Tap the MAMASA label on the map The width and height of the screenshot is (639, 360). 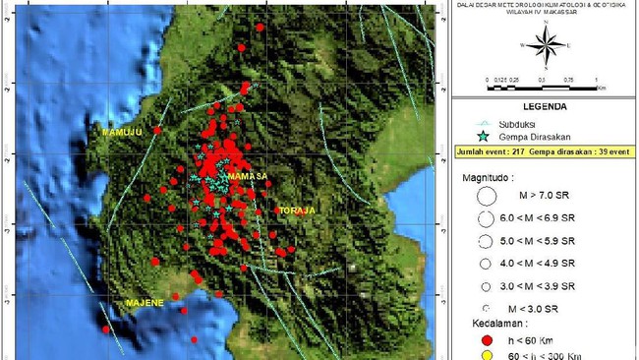coord(248,176)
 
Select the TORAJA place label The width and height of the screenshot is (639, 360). coord(294,210)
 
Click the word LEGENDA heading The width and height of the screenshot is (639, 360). coord(543,111)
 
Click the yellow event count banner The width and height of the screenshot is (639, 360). coord(544,153)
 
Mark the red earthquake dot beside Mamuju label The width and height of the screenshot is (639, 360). coord(157,130)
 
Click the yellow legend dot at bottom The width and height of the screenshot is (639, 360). coord(485,356)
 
